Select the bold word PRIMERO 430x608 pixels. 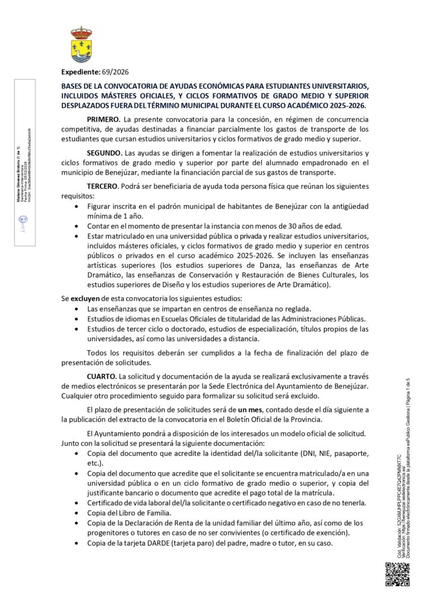(x=104, y=119)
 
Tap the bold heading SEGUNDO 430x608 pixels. (x=105, y=153)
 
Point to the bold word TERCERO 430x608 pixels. (x=103, y=186)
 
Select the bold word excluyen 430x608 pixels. (x=86, y=297)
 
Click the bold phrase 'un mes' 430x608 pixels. (x=250, y=410)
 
